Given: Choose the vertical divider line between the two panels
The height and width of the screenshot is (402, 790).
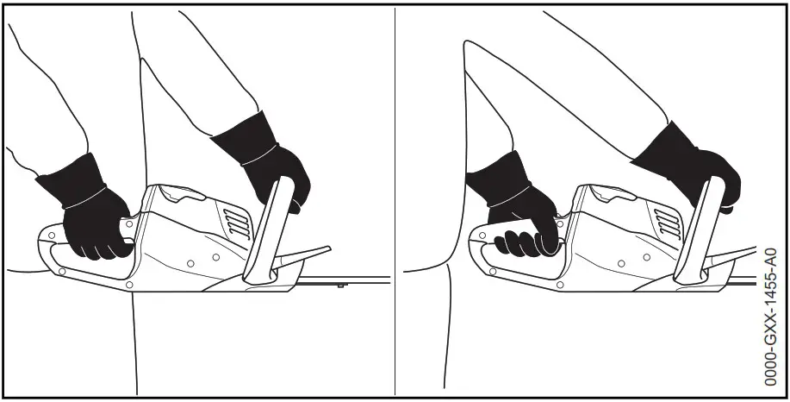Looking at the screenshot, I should point(395,198).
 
